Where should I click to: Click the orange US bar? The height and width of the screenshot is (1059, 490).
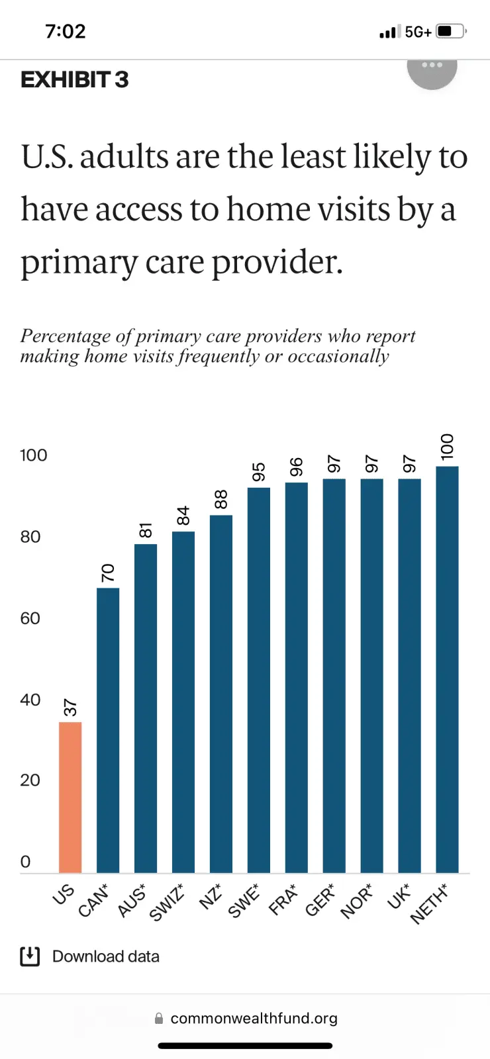point(70,797)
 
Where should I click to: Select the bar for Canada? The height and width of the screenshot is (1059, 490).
point(108,730)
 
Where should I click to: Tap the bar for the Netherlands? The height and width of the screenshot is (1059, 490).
point(447,669)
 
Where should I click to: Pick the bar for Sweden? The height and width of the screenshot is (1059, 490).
point(259,680)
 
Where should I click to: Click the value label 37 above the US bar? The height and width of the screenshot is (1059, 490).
point(70,708)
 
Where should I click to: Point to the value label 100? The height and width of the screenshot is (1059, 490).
point(448,447)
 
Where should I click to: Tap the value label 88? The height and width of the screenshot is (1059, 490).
point(221,499)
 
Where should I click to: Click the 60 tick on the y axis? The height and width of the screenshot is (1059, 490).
point(30,618)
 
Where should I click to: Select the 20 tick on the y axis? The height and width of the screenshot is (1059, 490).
point(30,780)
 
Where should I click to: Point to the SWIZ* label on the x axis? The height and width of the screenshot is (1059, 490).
point(167,901)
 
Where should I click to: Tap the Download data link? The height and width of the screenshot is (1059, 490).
point(105,956)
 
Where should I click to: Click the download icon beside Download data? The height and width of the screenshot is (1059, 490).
point(30,956)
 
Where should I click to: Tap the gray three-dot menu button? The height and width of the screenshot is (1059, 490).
point(432,66)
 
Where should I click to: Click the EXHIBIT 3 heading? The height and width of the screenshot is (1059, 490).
point(74,80)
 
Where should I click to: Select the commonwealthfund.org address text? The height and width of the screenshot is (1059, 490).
point(254,1018)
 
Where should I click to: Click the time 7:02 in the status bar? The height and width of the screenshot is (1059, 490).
point(66,31)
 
